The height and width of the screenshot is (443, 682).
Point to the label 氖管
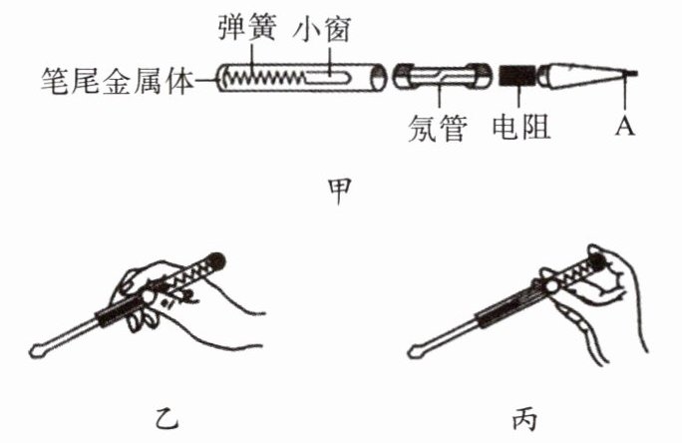[x=438, y=128]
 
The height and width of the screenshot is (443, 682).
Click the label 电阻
[x=521, y=128]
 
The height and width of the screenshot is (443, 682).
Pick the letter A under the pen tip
[x=626, y=129]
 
